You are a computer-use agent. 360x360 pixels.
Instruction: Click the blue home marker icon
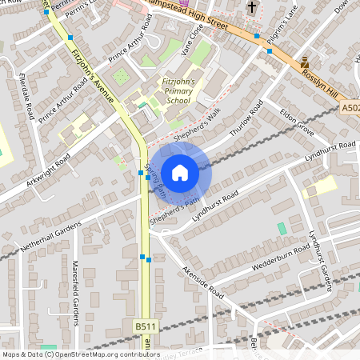[x=180, y=173]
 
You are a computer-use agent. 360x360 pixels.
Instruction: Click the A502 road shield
[x=350, y=107]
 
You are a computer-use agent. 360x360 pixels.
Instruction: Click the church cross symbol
[x=253, y=8]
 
